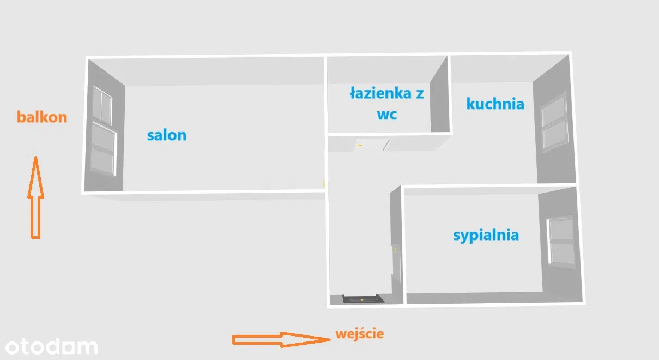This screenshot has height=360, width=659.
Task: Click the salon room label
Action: [166, 135]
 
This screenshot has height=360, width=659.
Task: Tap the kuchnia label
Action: [495, 104]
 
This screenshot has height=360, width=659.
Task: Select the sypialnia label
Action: [486, 236]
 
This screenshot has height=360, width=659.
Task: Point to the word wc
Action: [387, 115]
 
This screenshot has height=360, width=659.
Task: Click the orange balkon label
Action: [42, 117]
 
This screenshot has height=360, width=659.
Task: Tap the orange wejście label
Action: [360, 334]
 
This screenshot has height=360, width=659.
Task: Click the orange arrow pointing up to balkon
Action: [35, 197]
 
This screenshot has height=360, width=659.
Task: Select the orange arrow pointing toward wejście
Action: [281, 340]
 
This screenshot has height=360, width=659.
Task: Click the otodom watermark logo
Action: [51, 347]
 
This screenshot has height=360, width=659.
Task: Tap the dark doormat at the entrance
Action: [362, 298]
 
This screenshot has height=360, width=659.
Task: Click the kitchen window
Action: [554, 122]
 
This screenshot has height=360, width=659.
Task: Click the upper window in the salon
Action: [102, 105]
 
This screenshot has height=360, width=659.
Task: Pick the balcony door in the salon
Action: [103, 149]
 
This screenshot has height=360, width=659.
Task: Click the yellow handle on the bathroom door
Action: [360, 145]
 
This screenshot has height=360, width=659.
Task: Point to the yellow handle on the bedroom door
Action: [395, 250]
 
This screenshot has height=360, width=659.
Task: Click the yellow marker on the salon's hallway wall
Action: [324, 184]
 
